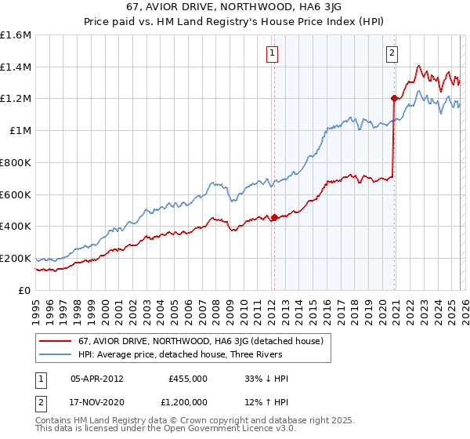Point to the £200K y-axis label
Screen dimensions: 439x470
(x=16, y=258)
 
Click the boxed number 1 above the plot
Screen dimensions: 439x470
(x=272, y=53)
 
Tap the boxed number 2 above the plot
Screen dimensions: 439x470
(x=391, y=53)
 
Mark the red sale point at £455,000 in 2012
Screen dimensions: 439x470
(x=275, y=217)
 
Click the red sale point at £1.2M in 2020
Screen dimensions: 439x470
(x=394, y=98)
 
